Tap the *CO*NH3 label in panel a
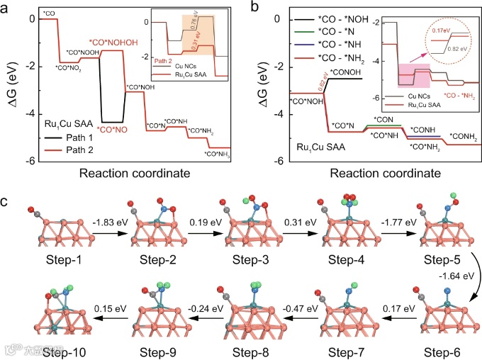[x=218, y=154]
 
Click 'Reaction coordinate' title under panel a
[x=136, y=174]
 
